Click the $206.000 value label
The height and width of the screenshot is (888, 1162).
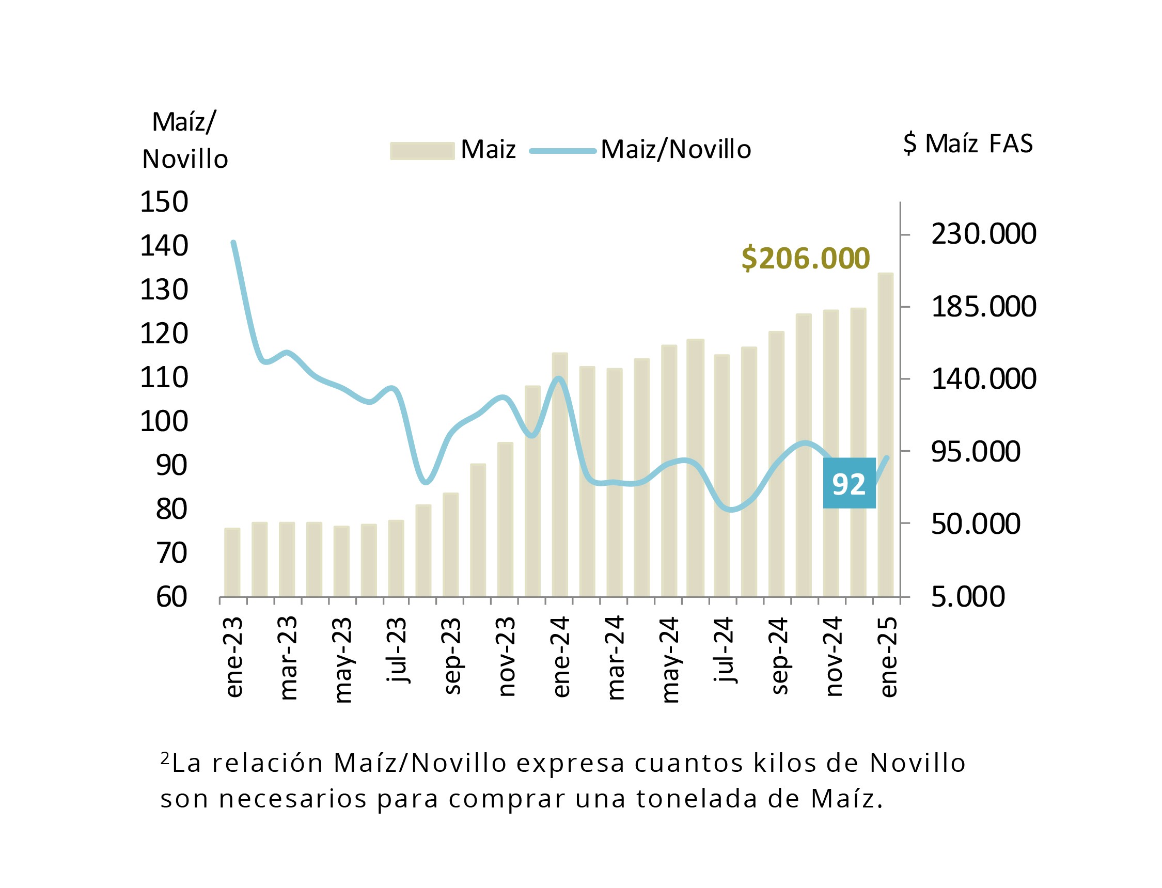(x=805, y=259)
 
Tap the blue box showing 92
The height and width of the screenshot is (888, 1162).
(x=849, y=483)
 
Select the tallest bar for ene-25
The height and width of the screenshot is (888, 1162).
(x=886, y=435)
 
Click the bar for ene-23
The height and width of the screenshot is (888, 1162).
(x=232, y=562)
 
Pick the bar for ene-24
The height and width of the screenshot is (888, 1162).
(x=560, y=474)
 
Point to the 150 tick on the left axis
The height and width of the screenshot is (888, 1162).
(x=164, y=202)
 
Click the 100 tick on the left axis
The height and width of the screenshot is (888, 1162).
(x=164, y=421)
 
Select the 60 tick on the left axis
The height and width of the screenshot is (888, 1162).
(x=172, y=597)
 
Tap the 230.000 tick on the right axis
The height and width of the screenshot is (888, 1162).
(x=983, y=234)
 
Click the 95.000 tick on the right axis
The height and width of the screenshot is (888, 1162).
(x=976, y=451)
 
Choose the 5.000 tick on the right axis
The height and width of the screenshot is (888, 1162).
(x=967, y=596)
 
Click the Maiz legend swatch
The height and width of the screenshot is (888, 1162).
(x=422, y=151)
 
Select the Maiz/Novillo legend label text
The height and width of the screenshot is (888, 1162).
(x=676, y=150)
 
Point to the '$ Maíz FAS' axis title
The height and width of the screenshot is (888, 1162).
(x=967, y=143)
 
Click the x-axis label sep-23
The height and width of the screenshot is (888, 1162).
(x=452, y=656)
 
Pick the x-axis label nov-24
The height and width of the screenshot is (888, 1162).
(x=834, y=657)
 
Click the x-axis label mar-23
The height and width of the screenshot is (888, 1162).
(x=289, y=658)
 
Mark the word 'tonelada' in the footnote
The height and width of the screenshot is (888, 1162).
(x=697, y=799)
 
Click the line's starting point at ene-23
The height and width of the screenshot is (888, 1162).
(x=233, y=243)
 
